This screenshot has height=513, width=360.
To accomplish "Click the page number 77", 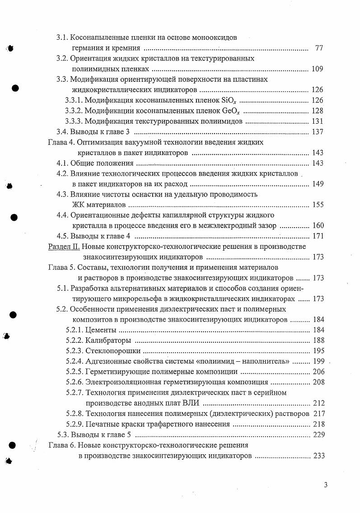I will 318,48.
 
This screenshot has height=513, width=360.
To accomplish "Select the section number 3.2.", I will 61,59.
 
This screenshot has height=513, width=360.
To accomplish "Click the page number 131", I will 318,121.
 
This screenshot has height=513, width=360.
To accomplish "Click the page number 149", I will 318,184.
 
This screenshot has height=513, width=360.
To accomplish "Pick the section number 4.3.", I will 62,194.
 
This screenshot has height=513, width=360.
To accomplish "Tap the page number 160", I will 318,225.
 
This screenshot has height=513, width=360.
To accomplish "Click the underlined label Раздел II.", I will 64,247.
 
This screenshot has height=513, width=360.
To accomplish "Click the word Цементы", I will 99,330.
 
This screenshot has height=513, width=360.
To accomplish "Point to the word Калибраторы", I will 108,340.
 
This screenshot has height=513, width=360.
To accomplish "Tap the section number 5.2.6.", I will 75,382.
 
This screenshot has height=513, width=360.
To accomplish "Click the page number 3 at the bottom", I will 325,485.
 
